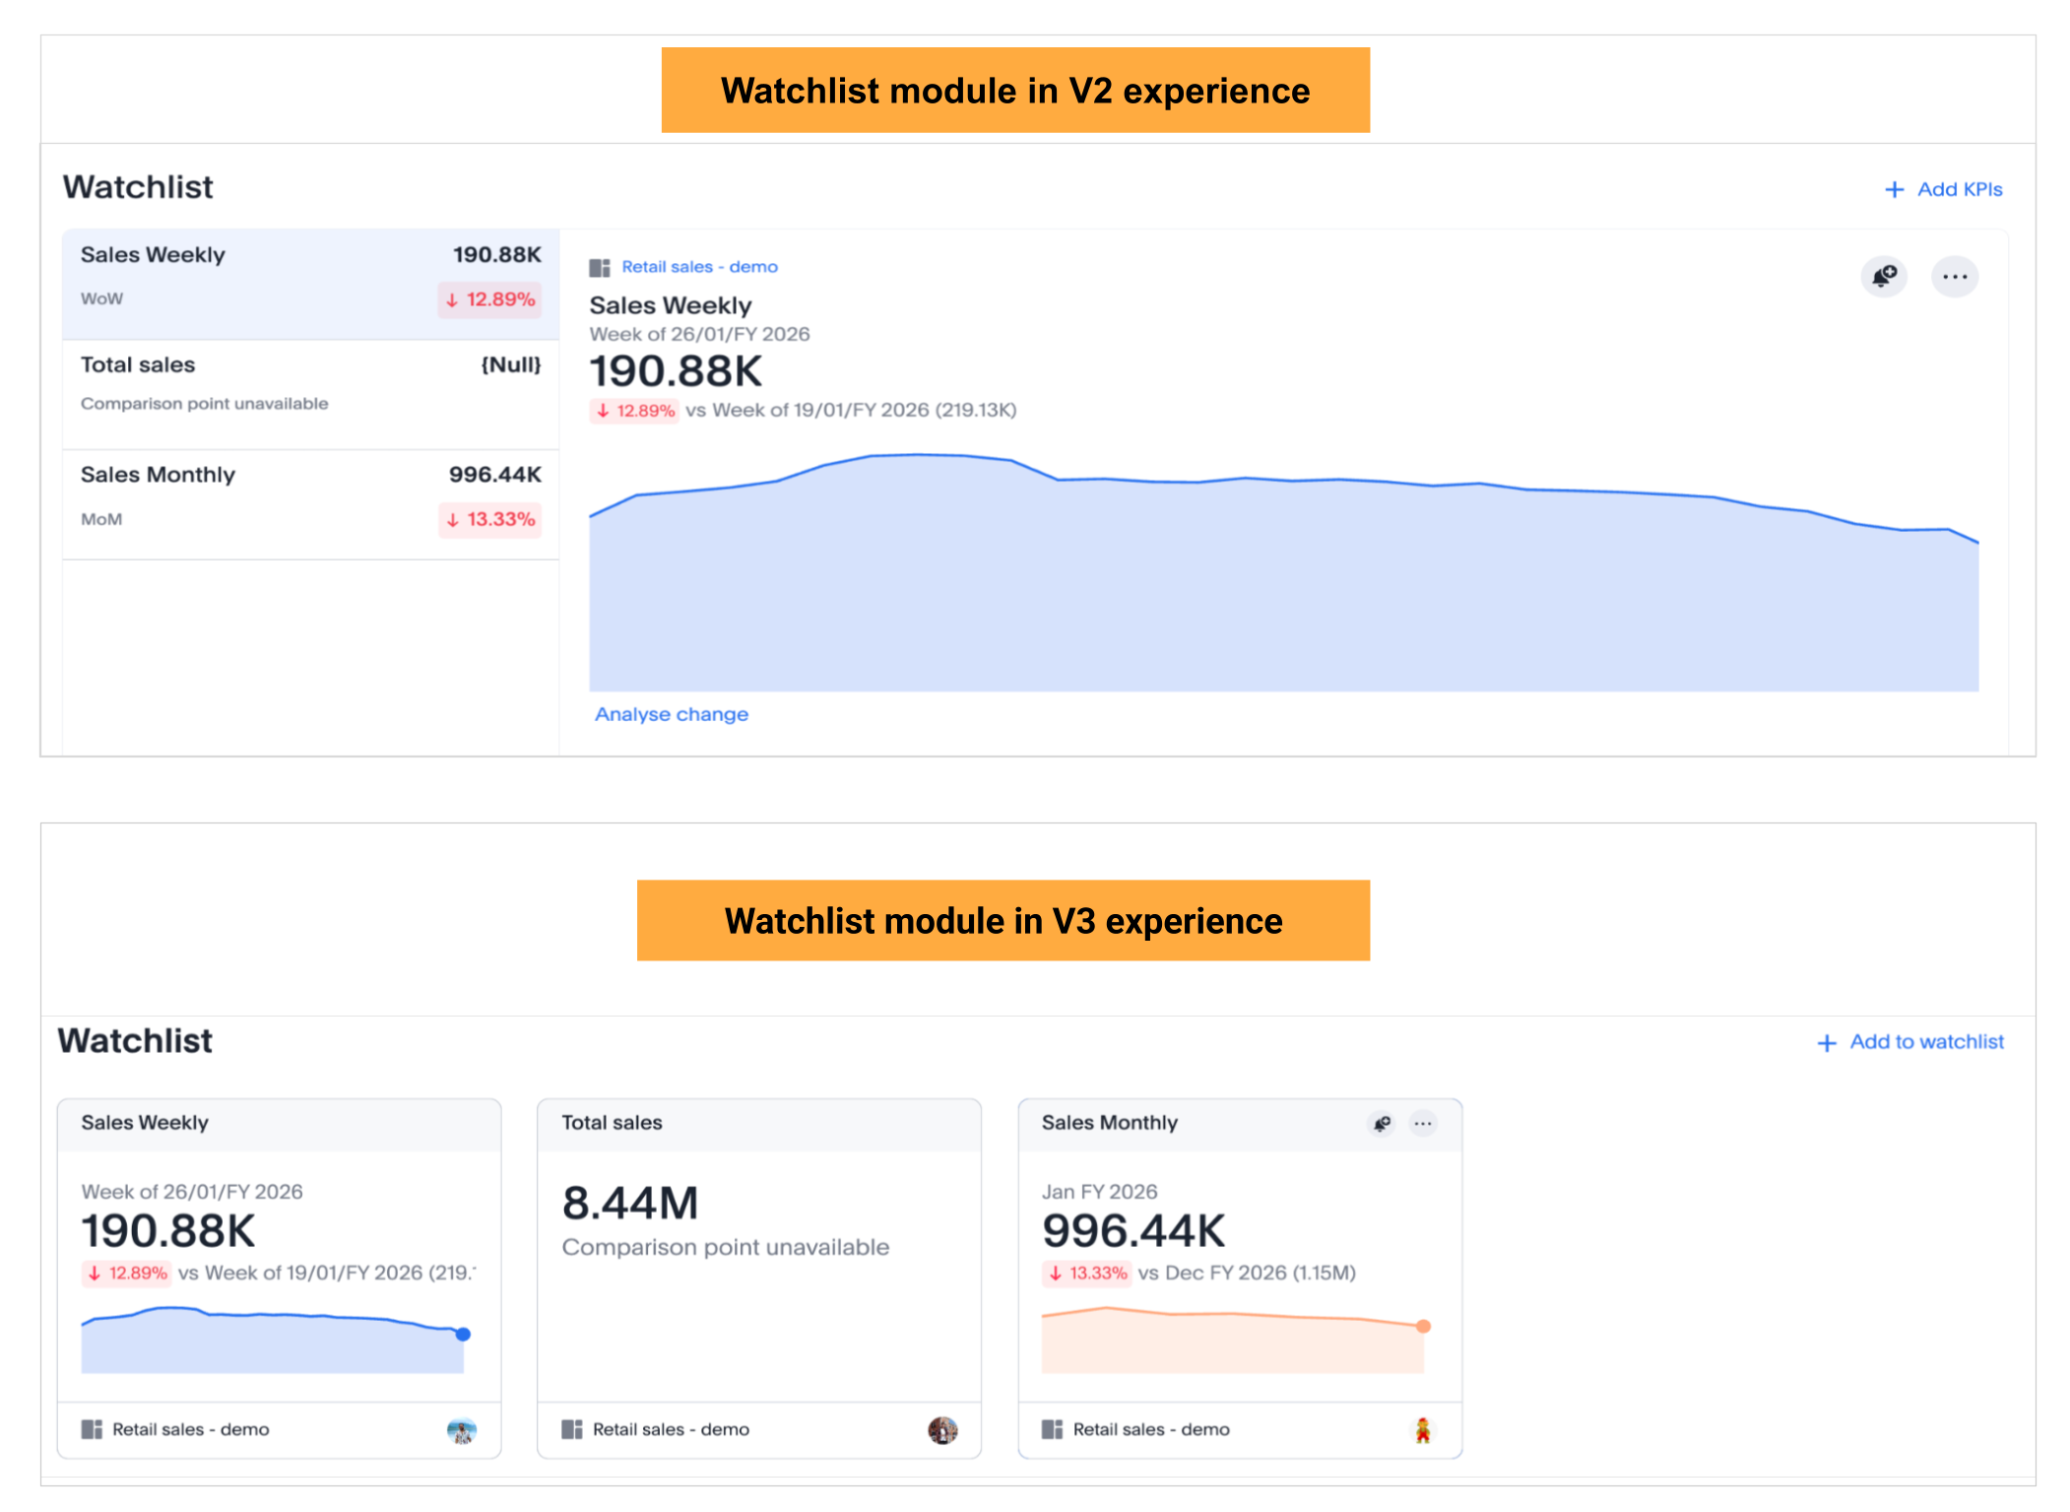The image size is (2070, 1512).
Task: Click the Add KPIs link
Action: tap(1944, 189)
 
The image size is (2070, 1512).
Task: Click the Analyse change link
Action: tap(672, 714)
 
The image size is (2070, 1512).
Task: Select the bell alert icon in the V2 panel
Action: tap(1884, 277)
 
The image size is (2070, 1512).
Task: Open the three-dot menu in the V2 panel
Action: tap(1955, 277)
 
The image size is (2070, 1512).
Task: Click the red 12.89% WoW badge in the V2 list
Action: tap(490, 299)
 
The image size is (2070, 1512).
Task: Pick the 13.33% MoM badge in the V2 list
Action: tap(490, 519)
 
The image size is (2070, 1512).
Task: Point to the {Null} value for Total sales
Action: tap(511, 364)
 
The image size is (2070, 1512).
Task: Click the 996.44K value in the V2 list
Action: tap(495, 475)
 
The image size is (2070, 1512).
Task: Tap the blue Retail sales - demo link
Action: tap(699, 267)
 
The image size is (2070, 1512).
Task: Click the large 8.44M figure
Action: tap(630, 1203)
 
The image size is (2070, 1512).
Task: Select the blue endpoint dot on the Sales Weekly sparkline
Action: tap(463, 1335)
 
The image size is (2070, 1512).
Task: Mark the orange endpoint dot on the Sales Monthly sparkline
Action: tap(1423, 1327)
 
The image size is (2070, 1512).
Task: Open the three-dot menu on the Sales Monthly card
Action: tap(1423, 1124)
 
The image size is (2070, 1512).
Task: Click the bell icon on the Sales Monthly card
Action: tap(1383, 1124)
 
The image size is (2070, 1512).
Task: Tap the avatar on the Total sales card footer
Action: tap(942, 1430)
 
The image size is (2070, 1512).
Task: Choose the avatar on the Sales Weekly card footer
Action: tap(462, 1430)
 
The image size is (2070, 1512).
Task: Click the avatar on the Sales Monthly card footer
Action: tap(1423, 1430)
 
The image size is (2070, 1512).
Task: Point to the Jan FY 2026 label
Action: tap(1099, 1192)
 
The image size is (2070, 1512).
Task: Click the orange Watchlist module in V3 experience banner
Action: tap(1003, 921)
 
